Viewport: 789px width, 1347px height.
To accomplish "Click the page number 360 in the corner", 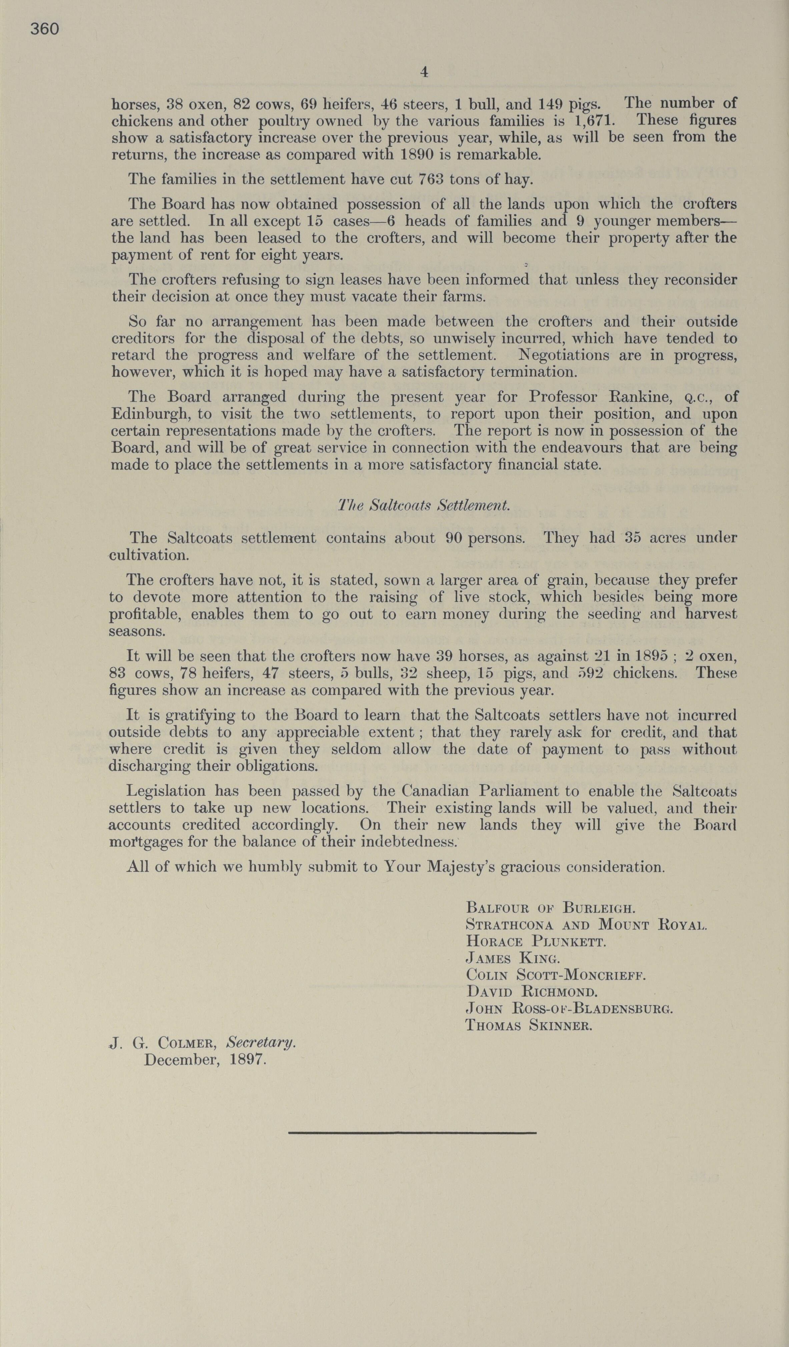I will (x=44, y=29).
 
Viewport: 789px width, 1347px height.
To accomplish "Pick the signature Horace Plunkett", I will (x=536, y=941).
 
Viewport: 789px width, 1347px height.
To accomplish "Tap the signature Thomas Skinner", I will (x=529, y=1025).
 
